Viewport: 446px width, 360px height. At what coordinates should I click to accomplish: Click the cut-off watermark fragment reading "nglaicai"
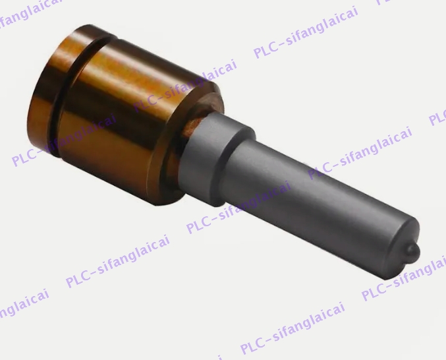click(x=20, y=300)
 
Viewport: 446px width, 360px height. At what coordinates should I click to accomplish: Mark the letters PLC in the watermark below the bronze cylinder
click(x=78, y=280)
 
